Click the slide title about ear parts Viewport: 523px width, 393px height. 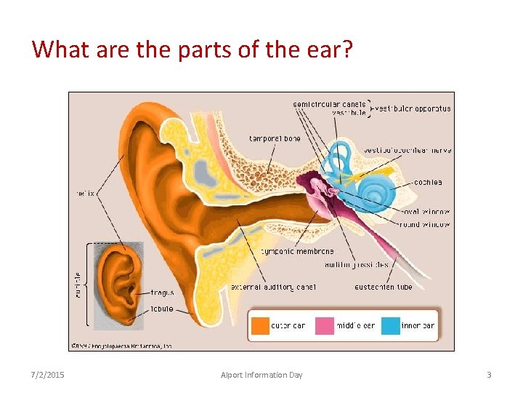(192, 49)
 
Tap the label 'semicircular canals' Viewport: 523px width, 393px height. (330, 104)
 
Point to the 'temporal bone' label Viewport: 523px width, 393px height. (275, 138)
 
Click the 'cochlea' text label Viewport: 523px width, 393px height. (428, 182)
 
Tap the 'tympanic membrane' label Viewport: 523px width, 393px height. (297, 251)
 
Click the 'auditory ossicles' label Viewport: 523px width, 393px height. (357, 264)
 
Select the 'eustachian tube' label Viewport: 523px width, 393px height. (383, 287)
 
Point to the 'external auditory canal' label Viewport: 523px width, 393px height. (272, 287)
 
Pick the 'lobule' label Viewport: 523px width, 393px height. (162, 309)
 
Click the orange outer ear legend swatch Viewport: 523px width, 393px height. (260, 325)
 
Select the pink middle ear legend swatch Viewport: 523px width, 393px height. (324, 325)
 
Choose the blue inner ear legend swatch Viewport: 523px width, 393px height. (390, 325)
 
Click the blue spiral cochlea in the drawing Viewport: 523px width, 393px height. (376, 192)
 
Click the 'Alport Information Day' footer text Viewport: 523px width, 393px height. (261, 375)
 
